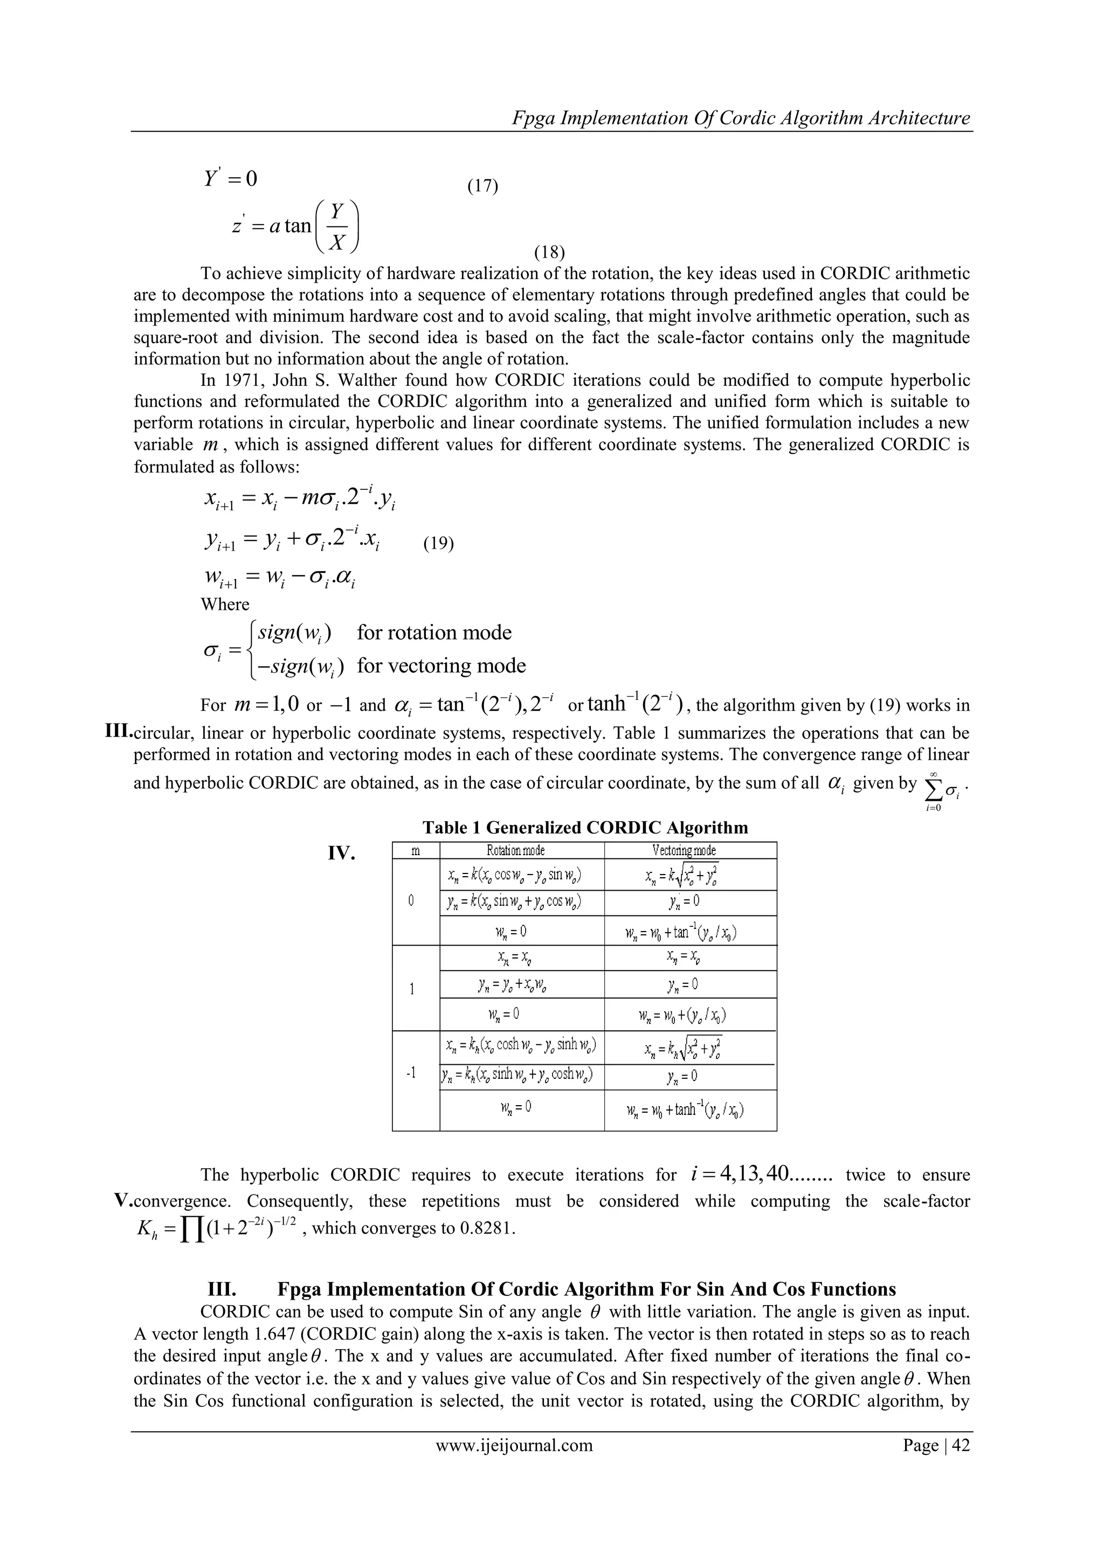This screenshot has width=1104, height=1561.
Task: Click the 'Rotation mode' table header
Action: coord(515,850)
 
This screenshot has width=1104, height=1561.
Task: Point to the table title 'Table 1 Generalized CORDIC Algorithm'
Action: coord(585,828)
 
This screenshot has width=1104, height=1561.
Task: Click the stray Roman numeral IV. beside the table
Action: coord(342,854)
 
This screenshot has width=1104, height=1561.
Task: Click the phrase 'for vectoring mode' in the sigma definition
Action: coord(441,665)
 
